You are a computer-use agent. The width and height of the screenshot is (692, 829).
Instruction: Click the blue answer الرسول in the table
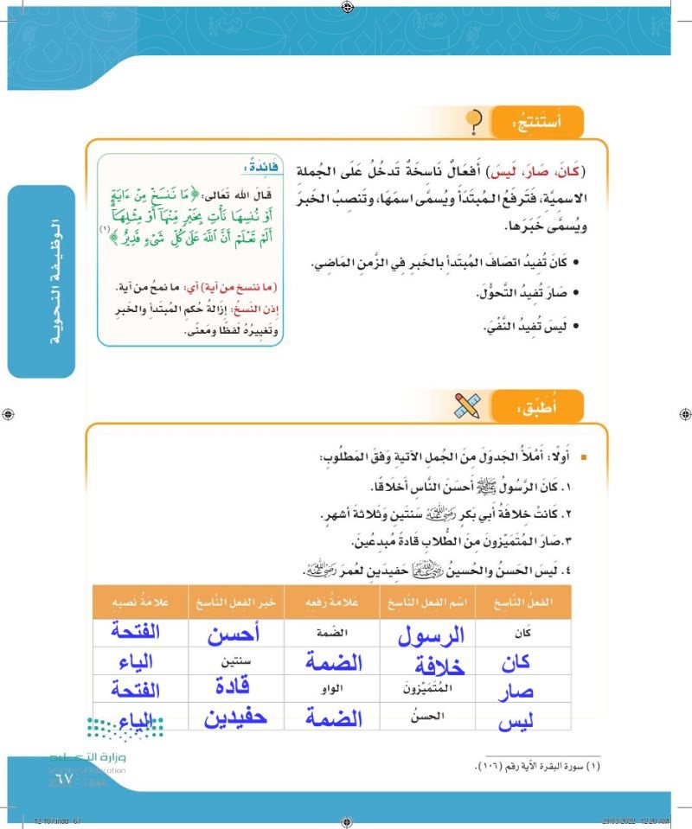[x=430, y=635]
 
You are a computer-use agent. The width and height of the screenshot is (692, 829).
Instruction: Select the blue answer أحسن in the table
[x=234, y=635]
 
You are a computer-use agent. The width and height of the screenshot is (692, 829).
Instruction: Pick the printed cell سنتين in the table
[x=235, y=661]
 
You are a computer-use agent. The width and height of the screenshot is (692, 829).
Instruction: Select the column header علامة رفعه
[x=332, y=602]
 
